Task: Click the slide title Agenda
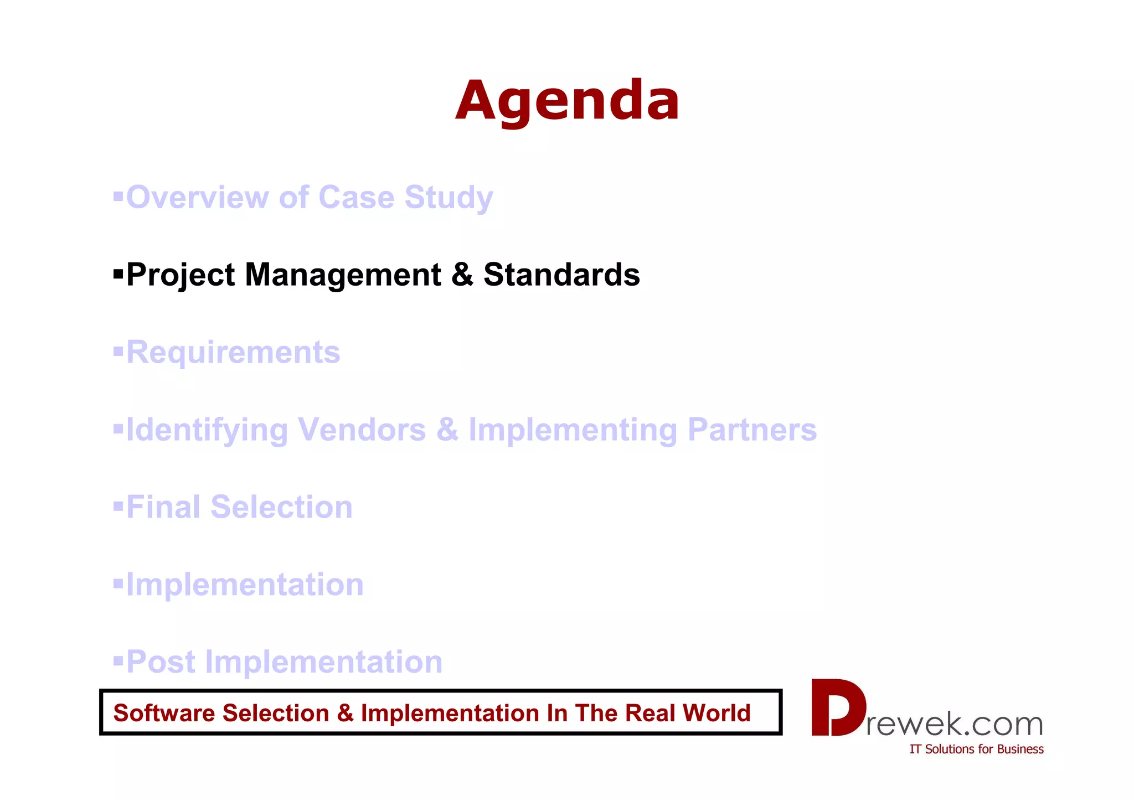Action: (567, 101)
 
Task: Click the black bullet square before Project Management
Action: (118, 273)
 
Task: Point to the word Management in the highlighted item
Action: (343, 275)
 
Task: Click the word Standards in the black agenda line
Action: (561, 275)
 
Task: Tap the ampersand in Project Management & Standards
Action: (462, 275)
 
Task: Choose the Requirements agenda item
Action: (233, 353)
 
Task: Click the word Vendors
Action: (362, 430)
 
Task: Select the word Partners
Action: (752, 430)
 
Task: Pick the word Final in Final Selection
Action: (163, 507)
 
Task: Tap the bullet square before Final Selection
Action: (118, 506)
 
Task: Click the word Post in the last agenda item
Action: (161, 662)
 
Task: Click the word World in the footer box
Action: (717, 713)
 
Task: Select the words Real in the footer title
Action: (650, 713)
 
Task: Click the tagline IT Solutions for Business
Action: (976, 750)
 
